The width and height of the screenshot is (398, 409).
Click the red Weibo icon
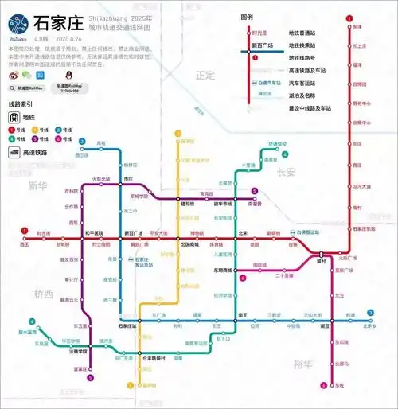12,75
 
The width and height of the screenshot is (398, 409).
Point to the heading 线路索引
21,104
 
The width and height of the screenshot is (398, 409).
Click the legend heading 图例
247,17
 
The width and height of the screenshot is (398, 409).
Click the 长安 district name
286,172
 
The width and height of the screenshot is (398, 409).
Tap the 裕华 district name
302,364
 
